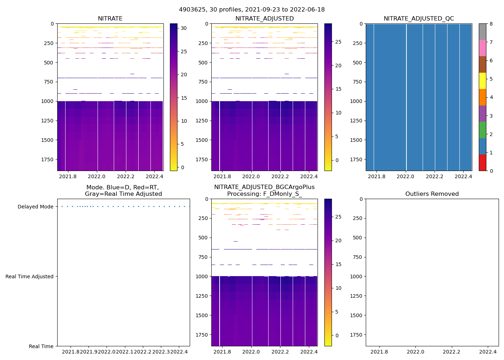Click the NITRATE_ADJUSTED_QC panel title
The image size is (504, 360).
coord(419,19)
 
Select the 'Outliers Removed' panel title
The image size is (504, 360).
coord(432,194)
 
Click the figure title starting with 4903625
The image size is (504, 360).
coord(252,10)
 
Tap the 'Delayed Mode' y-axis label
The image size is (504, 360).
coord(35,207)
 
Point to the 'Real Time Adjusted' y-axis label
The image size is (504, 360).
coord(30,276)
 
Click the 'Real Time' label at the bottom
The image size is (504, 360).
coord(41,346)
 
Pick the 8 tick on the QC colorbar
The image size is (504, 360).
coord(491,24)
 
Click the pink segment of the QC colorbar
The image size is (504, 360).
coord(482,48)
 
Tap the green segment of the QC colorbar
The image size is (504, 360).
coord(482,130)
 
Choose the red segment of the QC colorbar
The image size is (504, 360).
coord(482,163)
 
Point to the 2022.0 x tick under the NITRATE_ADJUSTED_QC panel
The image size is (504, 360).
coord(406,176)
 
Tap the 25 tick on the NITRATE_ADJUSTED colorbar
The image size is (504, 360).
coord(338,42)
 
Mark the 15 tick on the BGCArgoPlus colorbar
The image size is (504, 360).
coord(338,264)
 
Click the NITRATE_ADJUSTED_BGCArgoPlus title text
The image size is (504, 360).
coord(264,187)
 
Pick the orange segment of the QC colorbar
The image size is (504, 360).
coord(482,97)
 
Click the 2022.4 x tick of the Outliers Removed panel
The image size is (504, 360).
coord(488,352)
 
